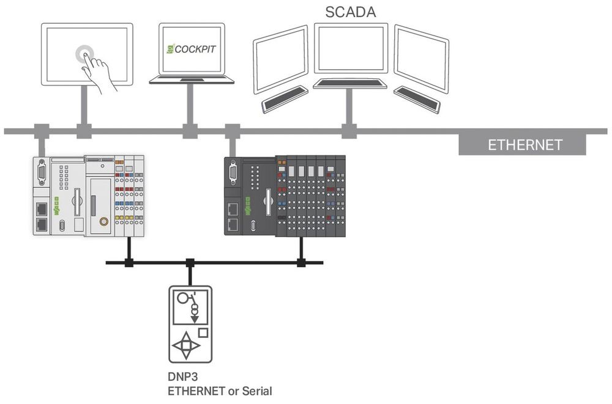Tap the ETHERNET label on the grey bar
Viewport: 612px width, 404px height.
pyautogui.click(x=524, y=145)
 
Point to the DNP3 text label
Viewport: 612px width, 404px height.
pyautogui.click(x=182, y=378)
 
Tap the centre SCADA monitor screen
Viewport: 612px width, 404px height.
pyautogui.click(x=351, y=49)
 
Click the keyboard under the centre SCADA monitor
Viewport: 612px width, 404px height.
pyautogui.click(x=350, y=84)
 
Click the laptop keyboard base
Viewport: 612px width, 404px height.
pyautogui.click(x=192, y=79)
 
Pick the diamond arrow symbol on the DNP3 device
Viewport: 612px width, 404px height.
pyautogui.click(x=187, y=345)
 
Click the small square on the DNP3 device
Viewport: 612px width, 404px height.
pyautogui.click(x=203, y=333)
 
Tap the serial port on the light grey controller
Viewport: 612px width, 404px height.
pyautogui.click(x=42, y=172)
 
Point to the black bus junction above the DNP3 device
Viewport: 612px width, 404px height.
pyautogui.click(x=190, y=263)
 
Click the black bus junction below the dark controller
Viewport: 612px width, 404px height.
pyautogui.click(x=300, y=263)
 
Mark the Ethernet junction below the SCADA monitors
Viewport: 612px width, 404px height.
pyautogui.click(x=349, y=130)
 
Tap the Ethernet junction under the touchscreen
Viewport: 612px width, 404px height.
pyautogui.click(x=84, y=130)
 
